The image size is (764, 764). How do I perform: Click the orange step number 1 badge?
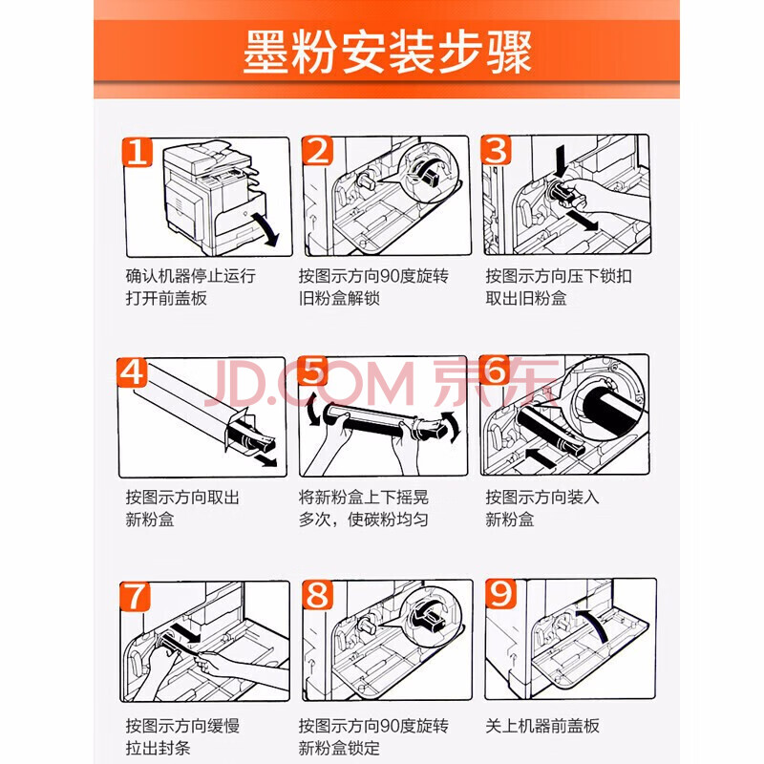coord(137,152)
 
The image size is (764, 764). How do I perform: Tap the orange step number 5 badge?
coord(313,371)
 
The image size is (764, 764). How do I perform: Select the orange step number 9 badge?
coord(500,593)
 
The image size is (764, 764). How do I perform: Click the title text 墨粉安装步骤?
coord(387,53)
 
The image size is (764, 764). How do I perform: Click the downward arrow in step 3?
coord(560,161)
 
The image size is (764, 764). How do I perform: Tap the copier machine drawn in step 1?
coord(214,198)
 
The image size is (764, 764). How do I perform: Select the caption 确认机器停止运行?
coord(190,276)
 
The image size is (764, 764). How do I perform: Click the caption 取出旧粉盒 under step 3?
coord(526,298)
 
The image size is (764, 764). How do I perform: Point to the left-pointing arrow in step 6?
coord(541,458)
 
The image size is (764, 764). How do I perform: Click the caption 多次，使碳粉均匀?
coord(364,520)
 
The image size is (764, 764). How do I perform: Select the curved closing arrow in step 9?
coord(593,625)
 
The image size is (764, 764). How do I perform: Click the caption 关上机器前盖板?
coord(542,726)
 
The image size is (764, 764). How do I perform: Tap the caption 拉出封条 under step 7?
coord(158,748)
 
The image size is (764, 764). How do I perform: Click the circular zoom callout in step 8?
coord(431,616)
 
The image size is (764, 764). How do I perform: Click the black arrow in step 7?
coord(185,631)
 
